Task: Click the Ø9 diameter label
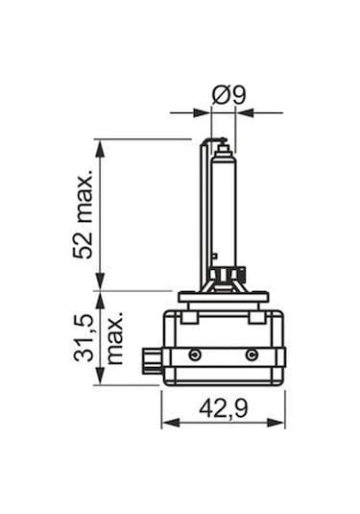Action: (x=227, y=95)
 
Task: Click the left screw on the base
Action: (x=193, y=356)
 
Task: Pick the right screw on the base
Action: (x=252, y=356)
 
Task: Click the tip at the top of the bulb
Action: (x=224, y=145)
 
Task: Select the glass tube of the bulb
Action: (x=222, y=207)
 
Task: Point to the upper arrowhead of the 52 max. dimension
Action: (x=98, y=145)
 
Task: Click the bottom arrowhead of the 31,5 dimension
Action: (x=98, y=379)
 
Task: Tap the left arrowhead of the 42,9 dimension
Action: (x=166, y=423)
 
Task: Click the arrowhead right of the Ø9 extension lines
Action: (x=243, y=112)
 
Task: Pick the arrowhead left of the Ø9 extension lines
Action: (x=204, y=112)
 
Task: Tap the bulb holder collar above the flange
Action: (x=223, y=280)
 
